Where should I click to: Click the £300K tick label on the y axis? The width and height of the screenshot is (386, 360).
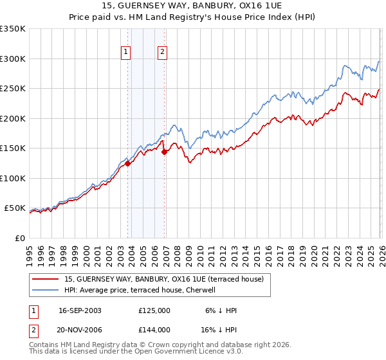(x=13, y=59)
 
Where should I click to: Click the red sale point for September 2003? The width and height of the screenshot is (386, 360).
(x=128, y=163)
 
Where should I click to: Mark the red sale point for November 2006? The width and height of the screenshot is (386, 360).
(x=165, y=152)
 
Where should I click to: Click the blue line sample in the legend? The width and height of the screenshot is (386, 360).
(x=46, y=290)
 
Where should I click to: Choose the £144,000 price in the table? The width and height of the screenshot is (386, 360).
(x=154, y=329)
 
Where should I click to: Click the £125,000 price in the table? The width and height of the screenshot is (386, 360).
(x=154, y=310)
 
